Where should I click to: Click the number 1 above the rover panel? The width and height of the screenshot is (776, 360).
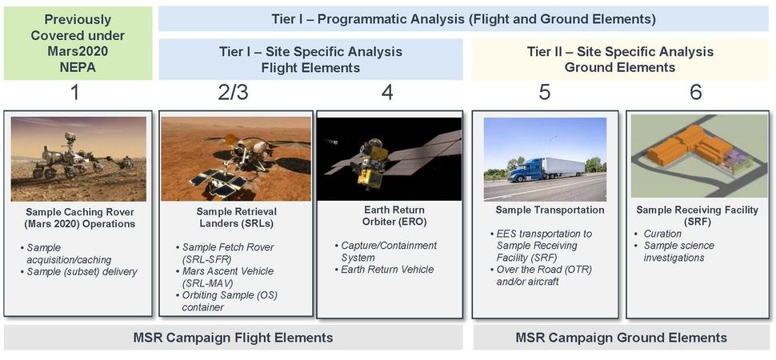pos(74,93)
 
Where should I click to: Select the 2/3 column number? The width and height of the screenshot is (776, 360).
pos(233,93)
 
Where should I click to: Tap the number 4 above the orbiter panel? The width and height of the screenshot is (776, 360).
pos(387,93)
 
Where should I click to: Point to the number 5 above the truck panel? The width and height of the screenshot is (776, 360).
pos(545,93)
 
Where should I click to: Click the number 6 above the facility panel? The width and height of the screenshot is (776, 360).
pos(695,93)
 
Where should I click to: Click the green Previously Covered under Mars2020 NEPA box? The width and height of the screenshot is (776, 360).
pos(78,43)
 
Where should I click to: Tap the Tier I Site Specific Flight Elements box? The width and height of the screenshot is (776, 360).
pos(310,59)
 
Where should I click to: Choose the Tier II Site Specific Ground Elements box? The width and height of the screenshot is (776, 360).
pos(620,59)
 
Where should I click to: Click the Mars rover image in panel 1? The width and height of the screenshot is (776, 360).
pos(78,158)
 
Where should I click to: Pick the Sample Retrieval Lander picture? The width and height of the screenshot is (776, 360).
pos(235,158)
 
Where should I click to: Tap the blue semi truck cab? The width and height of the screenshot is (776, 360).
pos(522,169)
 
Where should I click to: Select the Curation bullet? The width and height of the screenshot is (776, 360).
pos(662,234)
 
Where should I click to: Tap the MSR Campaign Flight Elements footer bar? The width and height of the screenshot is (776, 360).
pos(233,338)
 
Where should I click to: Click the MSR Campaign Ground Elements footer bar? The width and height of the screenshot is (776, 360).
pos(620,338)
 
